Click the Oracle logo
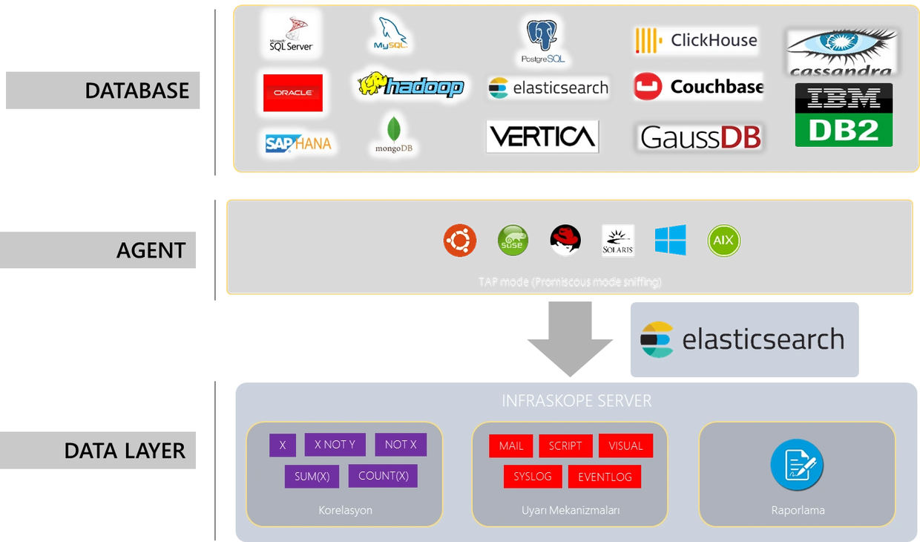[293, 93]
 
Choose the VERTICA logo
[542, 137]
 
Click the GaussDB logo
[700, 137]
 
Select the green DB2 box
[844, 130]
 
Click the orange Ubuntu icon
[460, 241]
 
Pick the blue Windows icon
[671, 241]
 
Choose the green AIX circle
[724, 241]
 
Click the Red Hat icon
[565, 241]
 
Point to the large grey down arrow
[570, 339]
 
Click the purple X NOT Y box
[335, 445]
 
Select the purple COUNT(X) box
[383, 476]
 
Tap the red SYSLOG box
[532, 477]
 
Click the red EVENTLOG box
[605, 477]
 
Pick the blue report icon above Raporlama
[798, 464]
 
